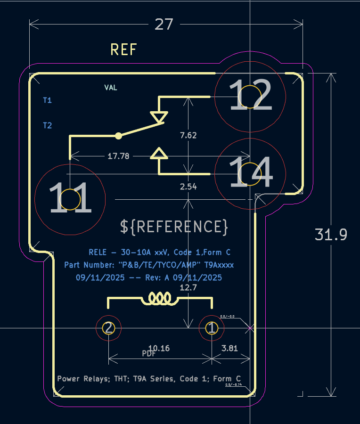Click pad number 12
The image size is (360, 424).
pos(250,97)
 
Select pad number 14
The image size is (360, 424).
pos(250,173)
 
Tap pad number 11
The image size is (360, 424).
pos(70,199)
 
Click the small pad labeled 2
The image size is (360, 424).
pos(108,327)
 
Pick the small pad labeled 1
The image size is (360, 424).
pos(212,327)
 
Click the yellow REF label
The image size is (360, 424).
pos(123,49)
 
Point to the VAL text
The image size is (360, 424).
pos(111,87)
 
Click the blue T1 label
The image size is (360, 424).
pos(47,100)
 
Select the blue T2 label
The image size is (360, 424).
pos(47,125)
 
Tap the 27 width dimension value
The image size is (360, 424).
pos(164,24)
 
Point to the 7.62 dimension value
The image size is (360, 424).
pos(188,135)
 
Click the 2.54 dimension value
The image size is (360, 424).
pos(188,187)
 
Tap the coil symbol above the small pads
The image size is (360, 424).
pos(160,298)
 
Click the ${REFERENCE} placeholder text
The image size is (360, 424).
pos(174,227)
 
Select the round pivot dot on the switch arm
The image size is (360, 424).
pos(119,136)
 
